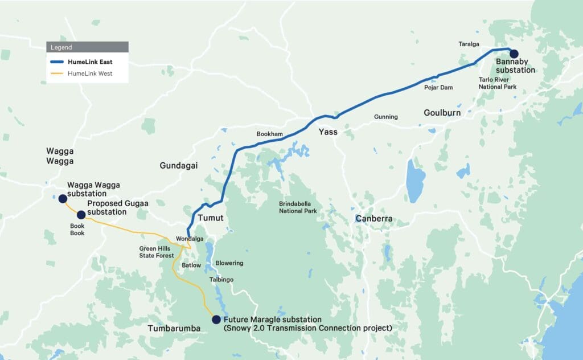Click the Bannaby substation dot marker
click(x=514, y=54)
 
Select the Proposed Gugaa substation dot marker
click(x=81, y=215)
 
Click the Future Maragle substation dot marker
click(x=216, y=320)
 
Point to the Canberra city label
click(x=374, y=219)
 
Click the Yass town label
click(x=327, y=132)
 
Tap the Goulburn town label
click(x=442, y=113)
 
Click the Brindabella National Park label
click(x=298, y=207)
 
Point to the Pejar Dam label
click(x=438, y=87)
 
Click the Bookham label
click(x=269, y=133)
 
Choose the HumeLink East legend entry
click(x=87, y=62)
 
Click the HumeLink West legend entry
click(x=87, y=73)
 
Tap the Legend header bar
click(x=87, y=47)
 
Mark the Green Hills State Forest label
click(x=158, y=252)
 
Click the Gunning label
click(x=385, y=117)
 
